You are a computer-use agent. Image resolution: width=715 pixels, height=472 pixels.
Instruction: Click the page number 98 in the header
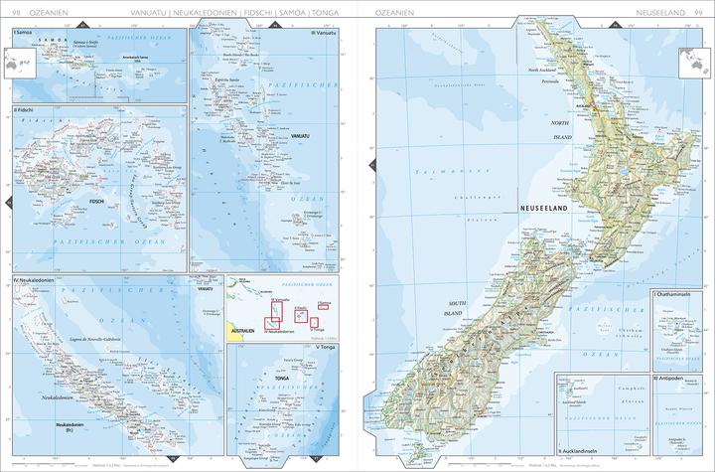point(15,12)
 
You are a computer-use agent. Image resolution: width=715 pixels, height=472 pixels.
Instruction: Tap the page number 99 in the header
point(700,12)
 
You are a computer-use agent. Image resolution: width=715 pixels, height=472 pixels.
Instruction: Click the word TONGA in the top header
point(329,12)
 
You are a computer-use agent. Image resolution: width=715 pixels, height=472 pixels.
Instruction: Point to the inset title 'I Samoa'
point(21,33)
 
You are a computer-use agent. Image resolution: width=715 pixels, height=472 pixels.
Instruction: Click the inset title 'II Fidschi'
point(23,108)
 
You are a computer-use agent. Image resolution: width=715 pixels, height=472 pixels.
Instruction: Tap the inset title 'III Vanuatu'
point(325,33)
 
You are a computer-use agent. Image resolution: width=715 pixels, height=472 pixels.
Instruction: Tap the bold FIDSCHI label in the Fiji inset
point(98,202)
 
